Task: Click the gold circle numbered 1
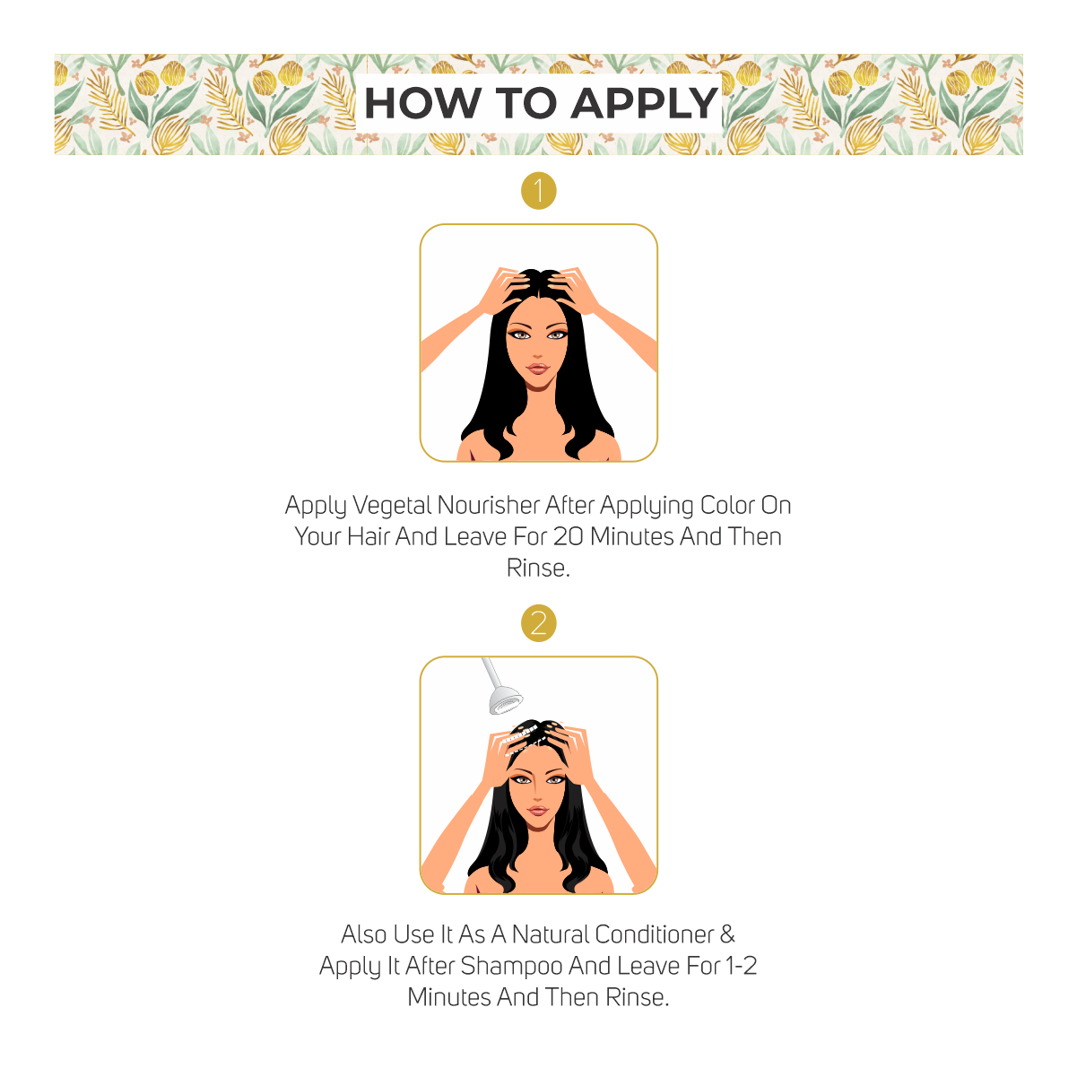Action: pyautogui.click(x=538, y=191)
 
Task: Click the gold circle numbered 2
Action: pyautogui.click(x=538, y=623)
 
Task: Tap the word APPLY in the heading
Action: pyautogui.click(x=644, y=103)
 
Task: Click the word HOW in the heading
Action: pyautogui.click(x=422, y=103)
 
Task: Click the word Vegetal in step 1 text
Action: pyautogui.click(x=392, y=506)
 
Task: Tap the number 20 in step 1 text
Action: pyautogui.click(x=569, y=537)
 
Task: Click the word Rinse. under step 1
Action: pyautogui.click(x=538, y=569)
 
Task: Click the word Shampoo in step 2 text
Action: pyautogui.click(x=511, y=967)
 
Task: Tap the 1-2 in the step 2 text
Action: pyautogui.click(x=741, y=966)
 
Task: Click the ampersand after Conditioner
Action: pyautogui.click(x=727, y=934)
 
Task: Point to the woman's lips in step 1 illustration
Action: pyautogui.click(x=538, y=369)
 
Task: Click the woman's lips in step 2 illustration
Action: pyautogui.click(x=537, y=811)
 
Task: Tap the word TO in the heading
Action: pyautogui.click(x=526, y=103)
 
